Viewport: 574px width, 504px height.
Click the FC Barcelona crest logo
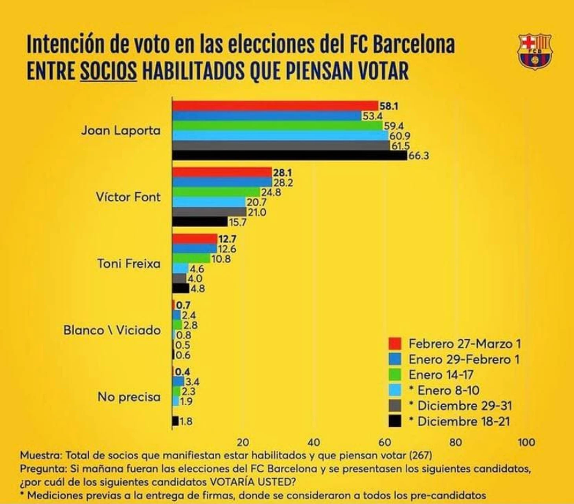click(535, 52)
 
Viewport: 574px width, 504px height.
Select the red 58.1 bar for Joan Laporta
click(275, 106)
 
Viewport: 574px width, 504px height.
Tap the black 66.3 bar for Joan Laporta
click(290, 156)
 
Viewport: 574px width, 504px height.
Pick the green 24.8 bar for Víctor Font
click(216, 192)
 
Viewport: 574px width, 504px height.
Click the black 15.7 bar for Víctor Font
click(200, 222)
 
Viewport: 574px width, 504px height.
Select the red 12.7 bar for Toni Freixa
click(195, 239)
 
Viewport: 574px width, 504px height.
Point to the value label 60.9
click(399, 136)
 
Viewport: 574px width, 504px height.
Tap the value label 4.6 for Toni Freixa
click(196, 269)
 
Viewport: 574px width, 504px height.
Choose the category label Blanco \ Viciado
click(112, 330)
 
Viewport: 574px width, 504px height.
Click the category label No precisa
click(129, 397)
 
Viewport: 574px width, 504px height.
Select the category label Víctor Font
click(128, 197)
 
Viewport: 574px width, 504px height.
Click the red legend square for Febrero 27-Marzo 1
click(395, 343)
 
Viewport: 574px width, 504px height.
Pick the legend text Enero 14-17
click(441, 375)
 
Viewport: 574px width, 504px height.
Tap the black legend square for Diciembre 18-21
click(395, 421)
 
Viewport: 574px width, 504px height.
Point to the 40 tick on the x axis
click(313, 442)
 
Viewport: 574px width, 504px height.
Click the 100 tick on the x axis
click(526, 442)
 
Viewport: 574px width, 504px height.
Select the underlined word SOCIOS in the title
click(109, 71)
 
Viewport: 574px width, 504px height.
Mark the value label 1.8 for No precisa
click(186, 421)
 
